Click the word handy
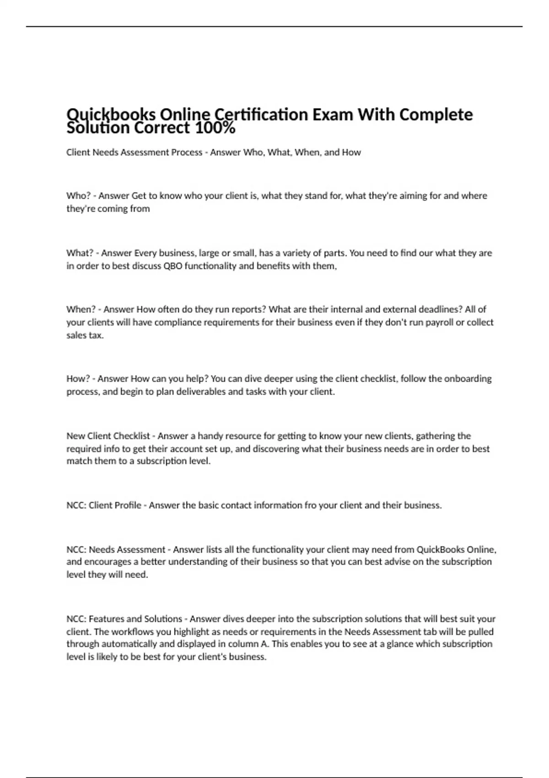click(210, 436)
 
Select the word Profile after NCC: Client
click(128, 505)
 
